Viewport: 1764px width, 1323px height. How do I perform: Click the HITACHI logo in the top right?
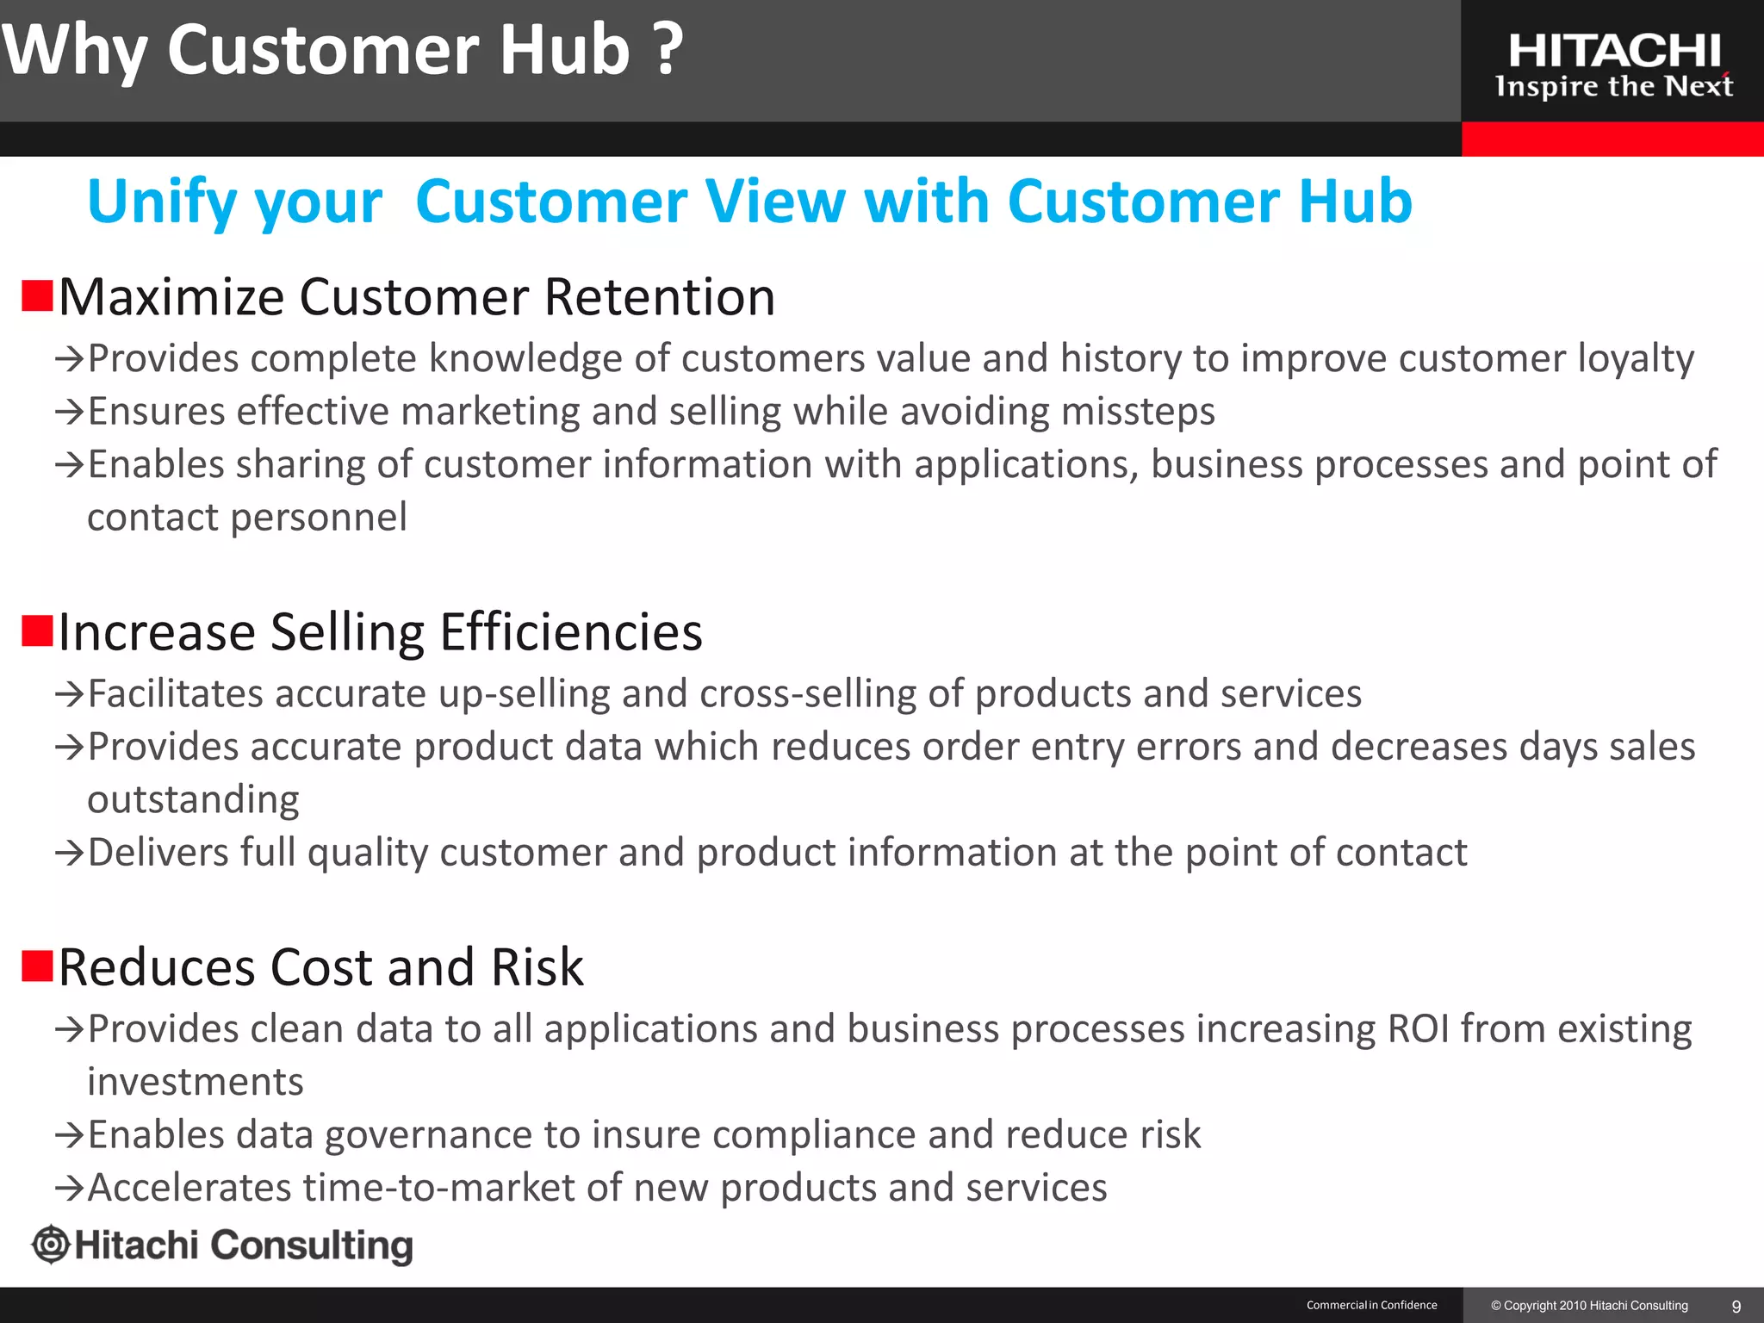click(1614, 52)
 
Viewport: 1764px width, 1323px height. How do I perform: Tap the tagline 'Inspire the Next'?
click(1614, 86)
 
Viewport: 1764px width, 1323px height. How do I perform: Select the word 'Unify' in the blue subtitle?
click(161, 202)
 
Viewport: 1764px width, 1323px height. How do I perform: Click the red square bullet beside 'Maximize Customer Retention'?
click(38, 295)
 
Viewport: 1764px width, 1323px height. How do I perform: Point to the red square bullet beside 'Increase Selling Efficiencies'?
click(38, 630)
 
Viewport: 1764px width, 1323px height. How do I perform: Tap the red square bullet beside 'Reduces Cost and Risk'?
click(38, 966)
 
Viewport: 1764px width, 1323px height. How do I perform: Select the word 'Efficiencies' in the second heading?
click(571, 632)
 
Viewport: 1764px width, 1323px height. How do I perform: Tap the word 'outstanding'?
click(193, 799)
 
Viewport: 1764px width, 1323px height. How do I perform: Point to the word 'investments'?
click(196, 1082)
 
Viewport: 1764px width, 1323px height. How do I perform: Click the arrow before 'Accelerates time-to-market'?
click(69, 1189)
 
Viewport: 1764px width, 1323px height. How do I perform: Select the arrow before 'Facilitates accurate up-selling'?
click(69, 694)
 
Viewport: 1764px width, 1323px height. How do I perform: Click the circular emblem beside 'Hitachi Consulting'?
click(51, 1245)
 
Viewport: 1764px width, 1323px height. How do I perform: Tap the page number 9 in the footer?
click(1736, 1306)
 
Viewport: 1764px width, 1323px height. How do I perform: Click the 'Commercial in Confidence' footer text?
click(1371, 1305)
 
